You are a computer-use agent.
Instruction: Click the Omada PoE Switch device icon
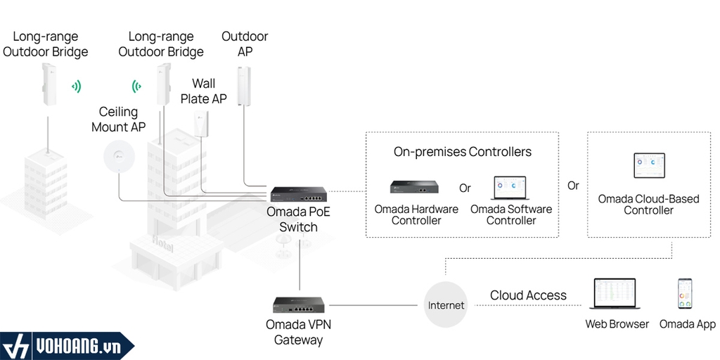click(298, 195)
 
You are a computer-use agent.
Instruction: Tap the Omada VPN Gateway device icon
click(298, 305)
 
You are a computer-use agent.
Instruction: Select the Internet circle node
click(446, 305)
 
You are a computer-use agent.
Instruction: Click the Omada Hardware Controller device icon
click(415, 187)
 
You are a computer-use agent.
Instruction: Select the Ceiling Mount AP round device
click(118, 155)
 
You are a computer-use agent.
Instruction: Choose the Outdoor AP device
click(244, 86)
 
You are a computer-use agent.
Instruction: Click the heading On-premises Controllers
click(462, 152)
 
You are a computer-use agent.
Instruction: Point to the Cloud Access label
click(528, 295)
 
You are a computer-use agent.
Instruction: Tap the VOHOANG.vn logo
click(67, 345)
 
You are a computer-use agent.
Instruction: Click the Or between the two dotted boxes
click(573, 186)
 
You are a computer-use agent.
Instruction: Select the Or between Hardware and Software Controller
click(465, 188)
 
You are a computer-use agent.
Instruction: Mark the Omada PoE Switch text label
click(298, 219)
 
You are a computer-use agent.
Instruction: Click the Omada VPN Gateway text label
click(298, 332)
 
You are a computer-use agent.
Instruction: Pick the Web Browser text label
click(617, 324)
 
